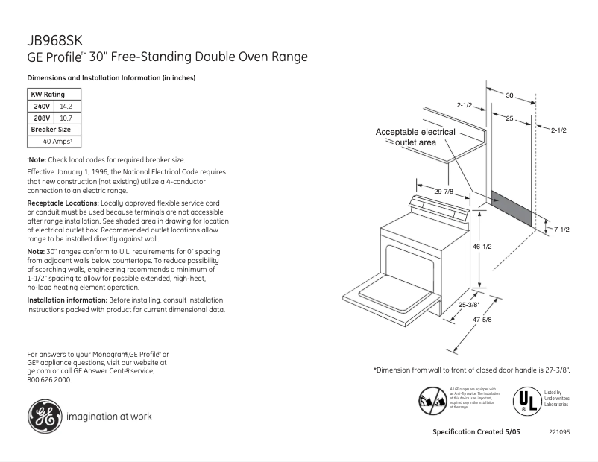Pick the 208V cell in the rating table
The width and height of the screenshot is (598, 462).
coord(42,118)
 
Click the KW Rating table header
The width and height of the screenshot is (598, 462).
coord(48,95)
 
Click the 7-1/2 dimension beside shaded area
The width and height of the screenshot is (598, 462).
coord(561,230)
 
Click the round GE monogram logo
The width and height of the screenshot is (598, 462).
coord(44,416)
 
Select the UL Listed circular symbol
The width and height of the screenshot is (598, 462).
coord(525,401)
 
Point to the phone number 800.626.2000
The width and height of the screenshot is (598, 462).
coord(49,379)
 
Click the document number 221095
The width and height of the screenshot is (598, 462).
coord(559,433)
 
